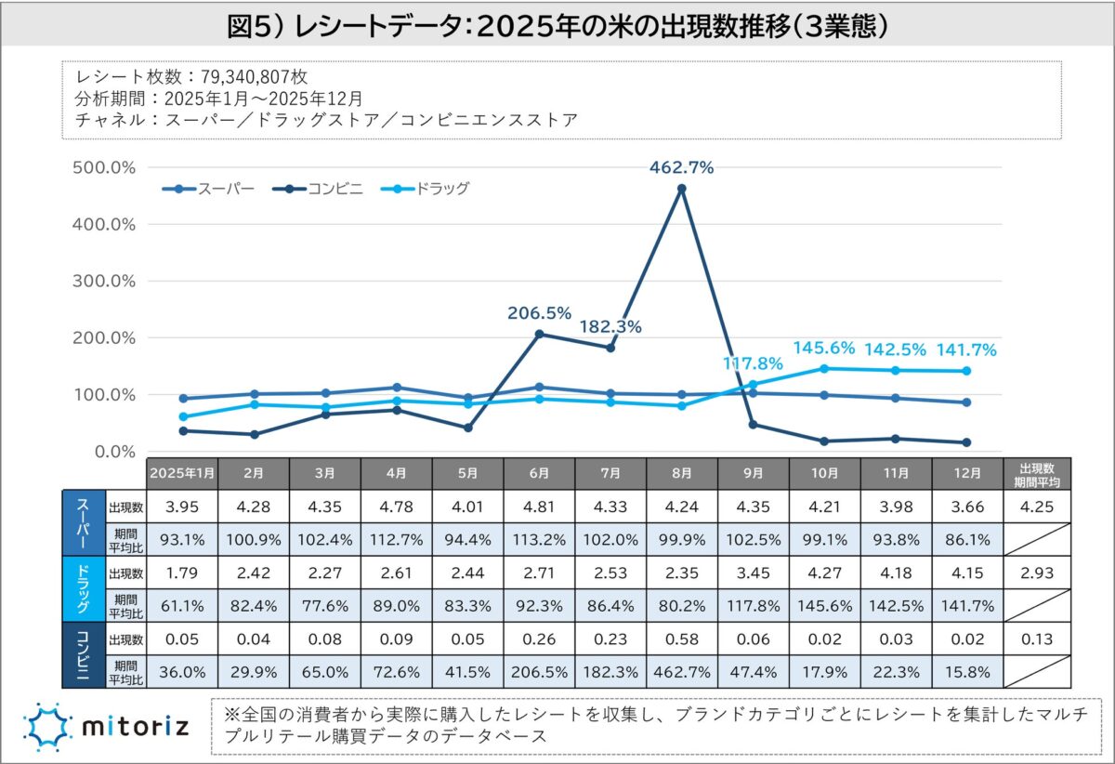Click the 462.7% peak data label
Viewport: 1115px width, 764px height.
click(681, 168)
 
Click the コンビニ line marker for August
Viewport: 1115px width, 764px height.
click(682, 189)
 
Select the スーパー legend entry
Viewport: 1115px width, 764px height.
click(208, 189)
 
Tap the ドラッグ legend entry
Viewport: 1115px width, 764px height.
click(426, 189)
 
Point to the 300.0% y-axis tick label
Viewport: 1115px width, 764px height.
click(103, 281)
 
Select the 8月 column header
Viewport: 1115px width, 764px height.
click(681, 473)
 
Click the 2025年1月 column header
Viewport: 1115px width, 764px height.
click(182, 473)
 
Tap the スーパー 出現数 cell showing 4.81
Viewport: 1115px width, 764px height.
click(539, 507)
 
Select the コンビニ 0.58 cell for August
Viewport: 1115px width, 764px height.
click(681, 639)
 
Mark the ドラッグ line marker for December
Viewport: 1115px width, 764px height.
click(966, 371)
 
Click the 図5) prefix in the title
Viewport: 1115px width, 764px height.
click(255, 25)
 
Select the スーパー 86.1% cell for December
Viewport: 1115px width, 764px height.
click(966, 539)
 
